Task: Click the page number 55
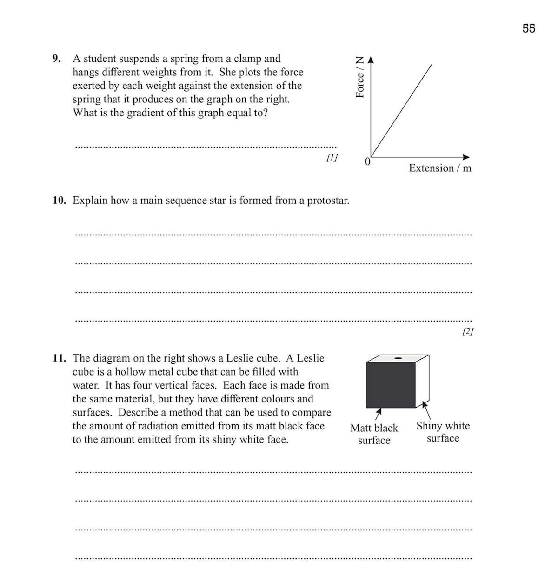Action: [x=528, y=28]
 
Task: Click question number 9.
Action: [x=56, y=59]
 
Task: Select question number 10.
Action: [x=59, y=201]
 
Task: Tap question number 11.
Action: [x=59, y=358]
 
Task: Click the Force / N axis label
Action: [x=359, y=77]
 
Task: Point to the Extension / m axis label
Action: [x=439, y=168]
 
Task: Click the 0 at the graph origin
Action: [x=367, y=162]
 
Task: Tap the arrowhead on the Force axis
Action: [x=371, y=60]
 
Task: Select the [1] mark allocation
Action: [x=332, y=157]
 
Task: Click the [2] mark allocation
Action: [x=467, y=331]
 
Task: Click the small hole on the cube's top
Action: [x=398, y=358]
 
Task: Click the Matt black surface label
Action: [x=374, y=434]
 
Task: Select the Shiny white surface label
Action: [x=443, y=432]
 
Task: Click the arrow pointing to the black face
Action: [x=379, y=413]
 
